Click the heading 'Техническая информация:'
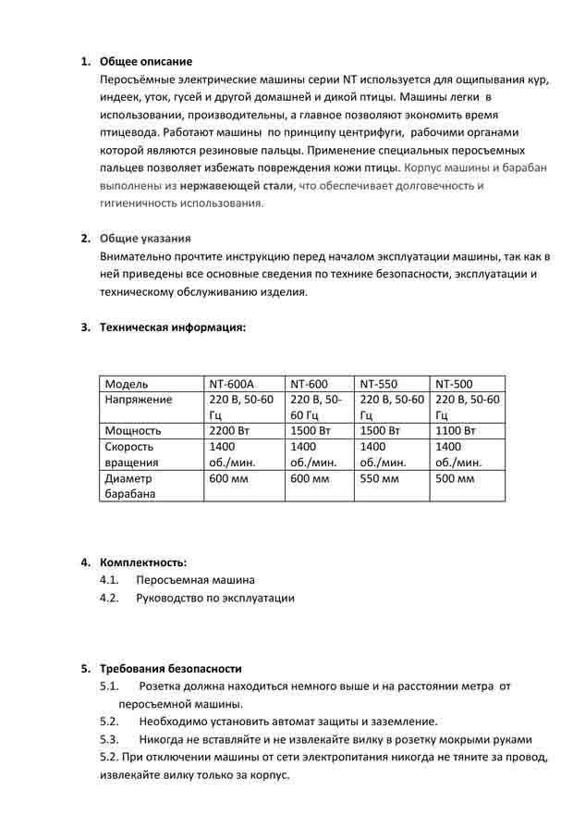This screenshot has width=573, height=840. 172,327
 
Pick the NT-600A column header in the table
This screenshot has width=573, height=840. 231,384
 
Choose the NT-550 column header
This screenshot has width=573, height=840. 378,384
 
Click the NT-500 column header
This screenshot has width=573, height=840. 454,384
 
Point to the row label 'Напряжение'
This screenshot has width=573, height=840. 139,400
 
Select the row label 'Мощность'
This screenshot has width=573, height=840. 134,431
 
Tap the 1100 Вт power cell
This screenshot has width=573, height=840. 455,431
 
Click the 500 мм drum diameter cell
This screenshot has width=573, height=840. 454,478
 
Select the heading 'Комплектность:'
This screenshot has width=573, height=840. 142,562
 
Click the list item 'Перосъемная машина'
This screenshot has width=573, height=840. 194,580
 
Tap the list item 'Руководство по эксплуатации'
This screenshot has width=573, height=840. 214,598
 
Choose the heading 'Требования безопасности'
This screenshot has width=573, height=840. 170,668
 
